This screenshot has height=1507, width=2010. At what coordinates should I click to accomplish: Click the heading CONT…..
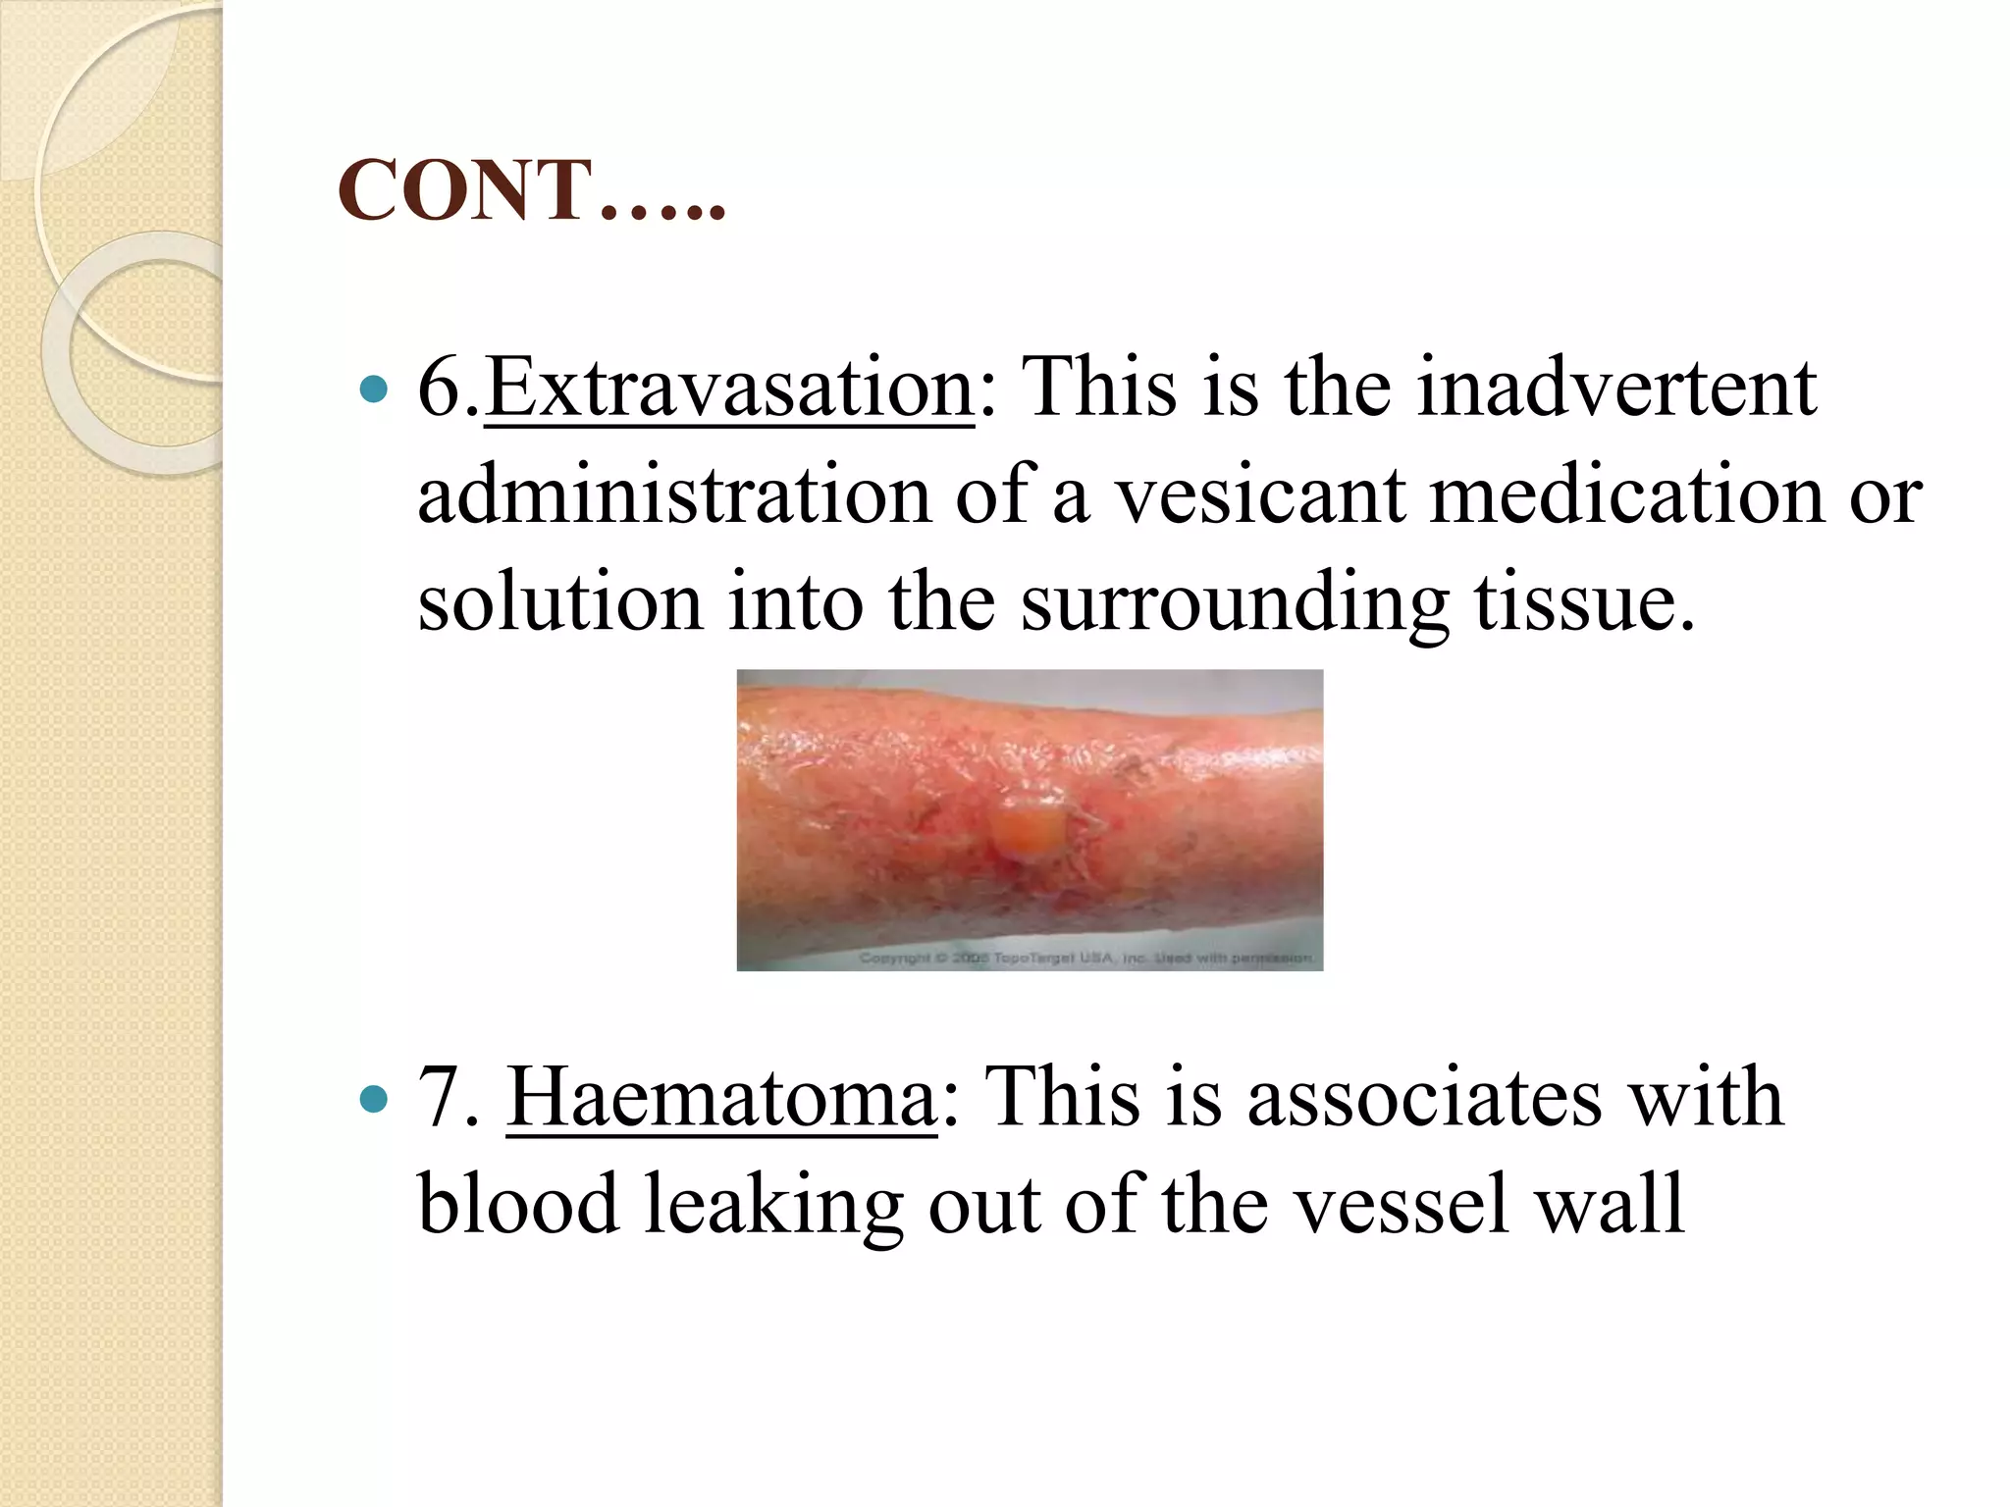tap(531, 190)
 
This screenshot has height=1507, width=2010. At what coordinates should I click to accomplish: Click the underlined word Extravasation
tap(729, 389)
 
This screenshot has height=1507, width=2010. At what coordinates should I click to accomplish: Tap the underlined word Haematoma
tap(721, 1098)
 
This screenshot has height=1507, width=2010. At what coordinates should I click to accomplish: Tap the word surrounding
tap(1235, 602)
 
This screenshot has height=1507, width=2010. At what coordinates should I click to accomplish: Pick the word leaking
tap(773, 1205)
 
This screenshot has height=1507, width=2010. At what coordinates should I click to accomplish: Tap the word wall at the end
tap(1610, 1204)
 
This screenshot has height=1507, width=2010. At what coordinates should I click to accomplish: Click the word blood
tap(518, 1204)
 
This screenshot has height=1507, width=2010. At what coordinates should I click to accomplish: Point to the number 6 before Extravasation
tap(440, 389)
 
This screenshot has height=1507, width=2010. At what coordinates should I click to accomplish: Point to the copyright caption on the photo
tap(1084, 957)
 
